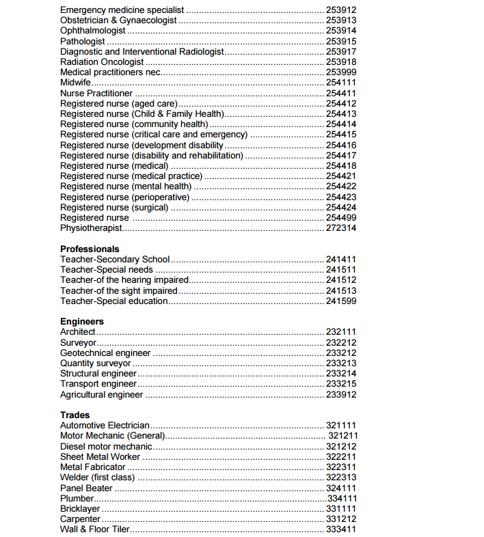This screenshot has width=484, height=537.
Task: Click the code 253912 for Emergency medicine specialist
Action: pyautogui.click(x=341, y=10)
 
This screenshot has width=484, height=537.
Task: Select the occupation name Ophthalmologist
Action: pyautogui.click(x=93, y=31)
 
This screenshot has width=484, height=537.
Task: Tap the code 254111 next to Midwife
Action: pyautogui.click(x=341, y=83)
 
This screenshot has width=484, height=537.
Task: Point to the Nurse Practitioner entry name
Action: pyautogui.click(x=96, y=93)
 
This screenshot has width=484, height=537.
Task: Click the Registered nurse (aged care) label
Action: pyautogui.click(x=113, y=103)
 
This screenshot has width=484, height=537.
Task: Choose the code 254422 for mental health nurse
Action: pyautogui.click(x=341, y=187)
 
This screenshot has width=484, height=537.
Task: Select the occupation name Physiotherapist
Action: pyautogui.click(x=92, y=228)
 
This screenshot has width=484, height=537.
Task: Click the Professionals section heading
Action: pyautogui.click(x=90, y=249)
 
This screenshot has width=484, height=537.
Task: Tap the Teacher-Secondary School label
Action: pyautogui.click(x=115, y=260)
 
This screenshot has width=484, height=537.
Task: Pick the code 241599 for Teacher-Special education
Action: pyautogui.click(x=341, y=301)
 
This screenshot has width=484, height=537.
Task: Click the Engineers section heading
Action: pyautogui.click(x=82, y=321)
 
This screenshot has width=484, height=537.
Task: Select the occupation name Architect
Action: pyautogui.click(x=78, y=332)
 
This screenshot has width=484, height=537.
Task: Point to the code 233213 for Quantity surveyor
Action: pyautogui.click(x=341, y=363)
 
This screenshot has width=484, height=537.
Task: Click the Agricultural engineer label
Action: pyautogui.click(x=102, y=395)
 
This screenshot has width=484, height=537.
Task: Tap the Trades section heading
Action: pyautogui.click(x=75, y=415)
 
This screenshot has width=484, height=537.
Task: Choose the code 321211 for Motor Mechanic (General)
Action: pyautogui.click(x=343, y=436)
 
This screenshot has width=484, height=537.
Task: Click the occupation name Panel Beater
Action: pyautogui.click(x=87, y=488)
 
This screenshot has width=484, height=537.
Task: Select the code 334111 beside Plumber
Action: pyautogui.click(x=342, y=499)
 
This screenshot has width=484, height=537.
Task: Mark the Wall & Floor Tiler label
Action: pyautogui.click(x=95, y=529)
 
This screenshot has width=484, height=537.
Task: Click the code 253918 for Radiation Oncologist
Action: pyautogui.click(x=341, y=62)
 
